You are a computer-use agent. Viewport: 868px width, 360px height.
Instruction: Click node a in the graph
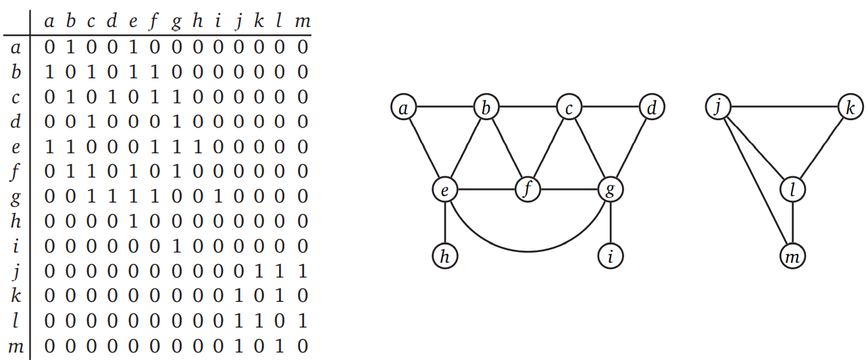403,107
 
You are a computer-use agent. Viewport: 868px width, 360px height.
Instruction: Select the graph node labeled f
528,190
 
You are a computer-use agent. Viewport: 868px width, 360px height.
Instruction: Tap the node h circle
444,256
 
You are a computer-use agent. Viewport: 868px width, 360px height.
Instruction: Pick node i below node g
611,256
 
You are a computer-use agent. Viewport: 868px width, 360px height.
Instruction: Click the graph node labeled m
793,256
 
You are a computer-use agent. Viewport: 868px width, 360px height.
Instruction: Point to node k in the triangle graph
850,107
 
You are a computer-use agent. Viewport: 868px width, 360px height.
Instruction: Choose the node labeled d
652,107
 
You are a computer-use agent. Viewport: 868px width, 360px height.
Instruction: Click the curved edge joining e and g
528,251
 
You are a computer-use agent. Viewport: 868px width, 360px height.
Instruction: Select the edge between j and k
784,107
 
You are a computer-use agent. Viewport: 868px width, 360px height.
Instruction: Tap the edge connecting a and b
444,107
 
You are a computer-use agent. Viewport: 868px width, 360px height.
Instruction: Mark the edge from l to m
793,223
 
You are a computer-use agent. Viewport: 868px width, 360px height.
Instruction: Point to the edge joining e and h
444,223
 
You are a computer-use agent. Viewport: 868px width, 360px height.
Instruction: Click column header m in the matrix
303,21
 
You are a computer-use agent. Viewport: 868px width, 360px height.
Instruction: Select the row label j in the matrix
16,272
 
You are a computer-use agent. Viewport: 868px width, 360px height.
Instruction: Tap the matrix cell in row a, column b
70,47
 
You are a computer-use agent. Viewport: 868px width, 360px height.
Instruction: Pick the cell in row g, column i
218,197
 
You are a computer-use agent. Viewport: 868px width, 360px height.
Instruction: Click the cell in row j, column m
303,272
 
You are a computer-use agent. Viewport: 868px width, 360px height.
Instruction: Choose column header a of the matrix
49,21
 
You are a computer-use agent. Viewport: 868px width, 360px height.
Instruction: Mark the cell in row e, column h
197,147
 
